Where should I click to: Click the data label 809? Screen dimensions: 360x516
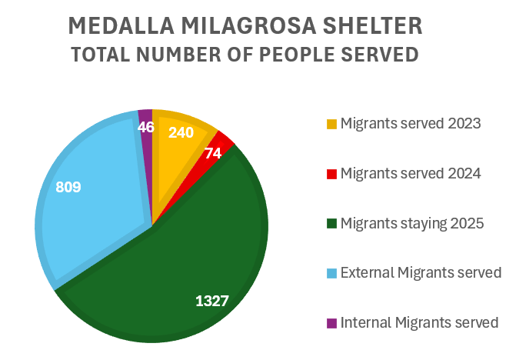(x=68, y=187)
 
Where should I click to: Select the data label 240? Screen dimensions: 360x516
(x=181, y=132)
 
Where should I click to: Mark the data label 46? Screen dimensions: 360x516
(x=146, y=127)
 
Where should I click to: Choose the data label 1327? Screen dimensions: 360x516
(x=211, y=301)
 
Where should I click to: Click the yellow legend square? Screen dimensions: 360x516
(x=331, y=124)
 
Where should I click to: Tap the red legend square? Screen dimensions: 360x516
(x=331, y=174)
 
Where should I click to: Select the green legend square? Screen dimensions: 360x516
(x=331, y=224)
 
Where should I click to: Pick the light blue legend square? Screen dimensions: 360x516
(x=331, y=273)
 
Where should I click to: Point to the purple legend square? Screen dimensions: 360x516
(x=331, y=323)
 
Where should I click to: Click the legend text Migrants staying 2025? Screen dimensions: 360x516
(x=411, y=224)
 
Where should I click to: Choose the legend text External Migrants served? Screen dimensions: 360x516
(x=421, y=273)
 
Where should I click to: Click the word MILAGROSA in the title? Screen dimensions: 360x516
(x=251, y=25)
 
